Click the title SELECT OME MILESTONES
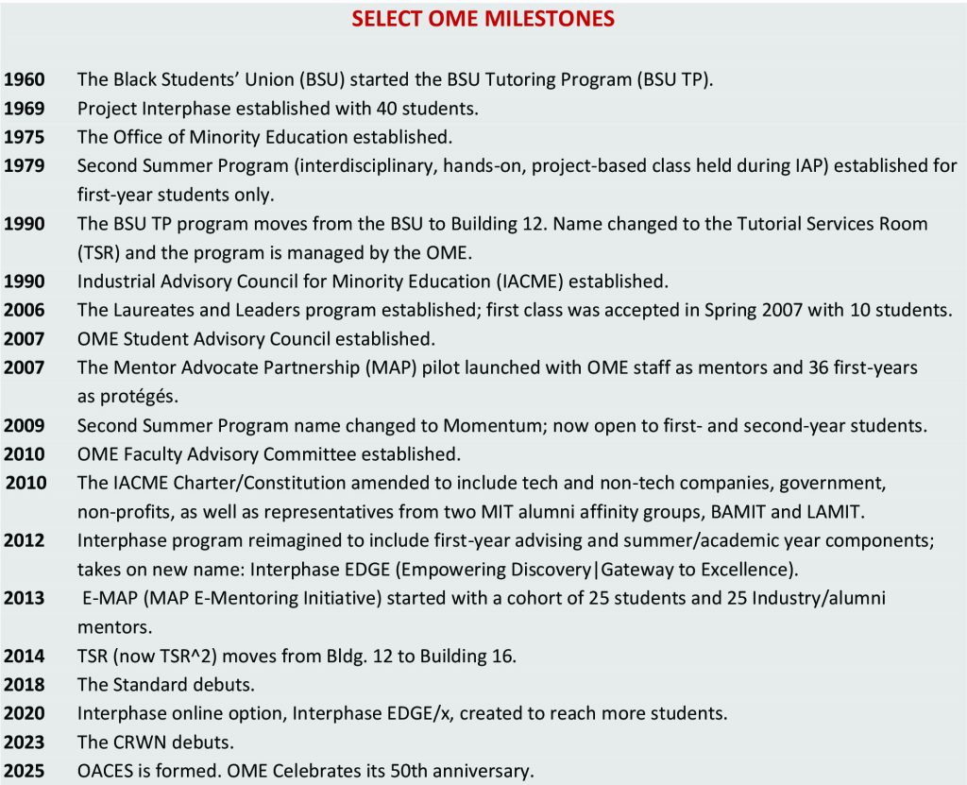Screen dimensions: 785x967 point(483,19)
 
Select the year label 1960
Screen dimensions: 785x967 point(25,80)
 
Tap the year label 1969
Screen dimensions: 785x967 point(25,109)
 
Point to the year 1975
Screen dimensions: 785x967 point(25,137)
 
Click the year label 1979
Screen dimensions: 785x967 point(25,166)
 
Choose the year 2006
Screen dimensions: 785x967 point(25,310)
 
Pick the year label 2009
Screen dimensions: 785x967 point(25,425)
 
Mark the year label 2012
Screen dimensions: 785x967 point(25,540)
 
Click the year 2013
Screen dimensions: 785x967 point(25,598)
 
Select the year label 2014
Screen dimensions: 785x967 point(25,656)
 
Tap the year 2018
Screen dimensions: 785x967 point(25,684)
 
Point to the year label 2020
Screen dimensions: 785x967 point(25,713)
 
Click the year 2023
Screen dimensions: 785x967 point(25,742)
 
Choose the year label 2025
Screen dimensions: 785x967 point(25,771)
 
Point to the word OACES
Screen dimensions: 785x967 point(103,771)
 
